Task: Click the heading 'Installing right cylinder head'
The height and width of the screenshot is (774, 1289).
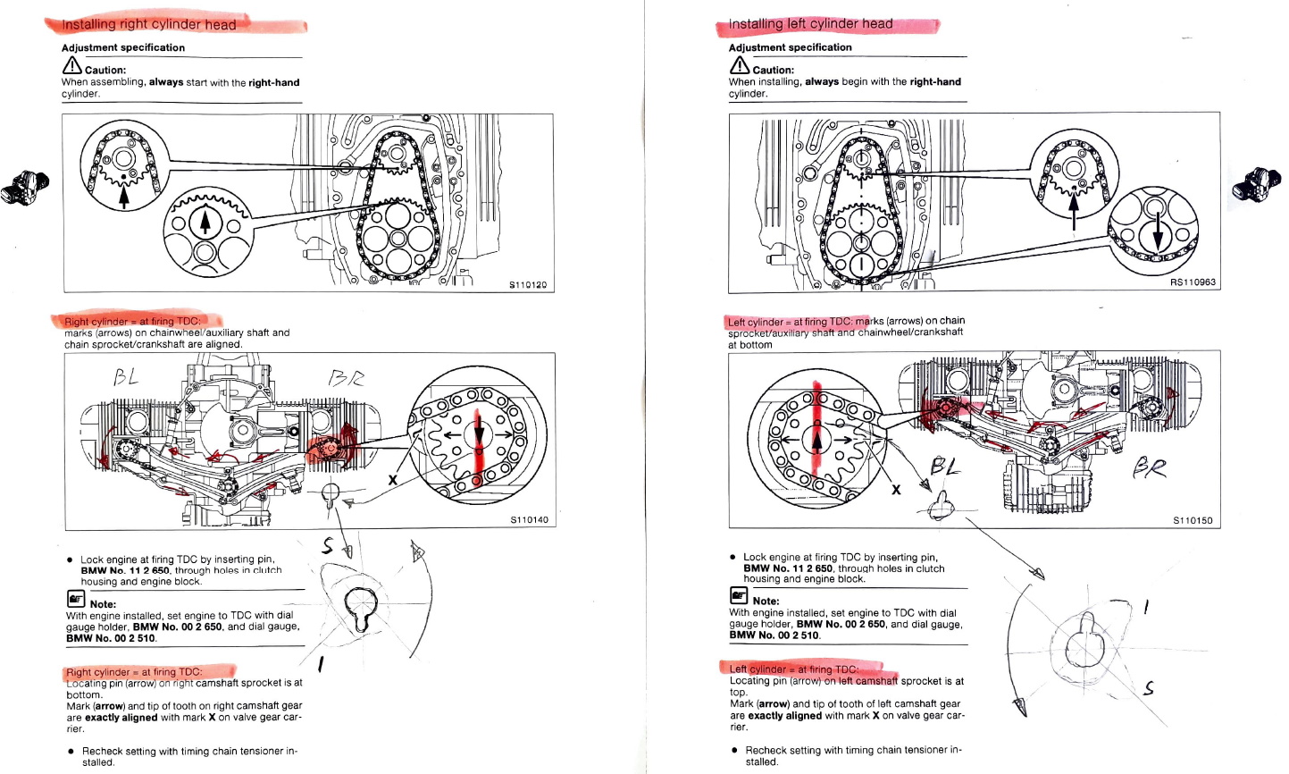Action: point(148,24)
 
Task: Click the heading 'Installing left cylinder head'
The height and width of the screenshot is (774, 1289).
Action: point(810,24)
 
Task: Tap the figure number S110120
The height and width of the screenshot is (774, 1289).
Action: point(527,285)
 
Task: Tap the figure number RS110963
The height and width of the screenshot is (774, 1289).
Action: point(1193,282)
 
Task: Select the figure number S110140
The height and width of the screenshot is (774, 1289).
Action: point(529,519)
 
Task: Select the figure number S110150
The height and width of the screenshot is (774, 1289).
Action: point(1193,520)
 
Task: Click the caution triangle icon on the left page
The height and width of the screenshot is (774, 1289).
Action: point(71,66)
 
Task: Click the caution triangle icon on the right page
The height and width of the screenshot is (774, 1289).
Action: point(739,66)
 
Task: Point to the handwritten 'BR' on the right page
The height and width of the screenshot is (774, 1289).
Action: point(1150,467)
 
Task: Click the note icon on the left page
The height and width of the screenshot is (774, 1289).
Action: point(75,599)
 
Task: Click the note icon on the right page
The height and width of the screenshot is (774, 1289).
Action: point(739,596)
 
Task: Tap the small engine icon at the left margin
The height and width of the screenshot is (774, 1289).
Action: point(24,187)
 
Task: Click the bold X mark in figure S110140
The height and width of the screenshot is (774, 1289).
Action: point(391,480)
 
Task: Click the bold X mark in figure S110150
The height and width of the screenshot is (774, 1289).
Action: point(896,489)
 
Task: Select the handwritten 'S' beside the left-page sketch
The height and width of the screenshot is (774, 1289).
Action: point(329,545)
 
